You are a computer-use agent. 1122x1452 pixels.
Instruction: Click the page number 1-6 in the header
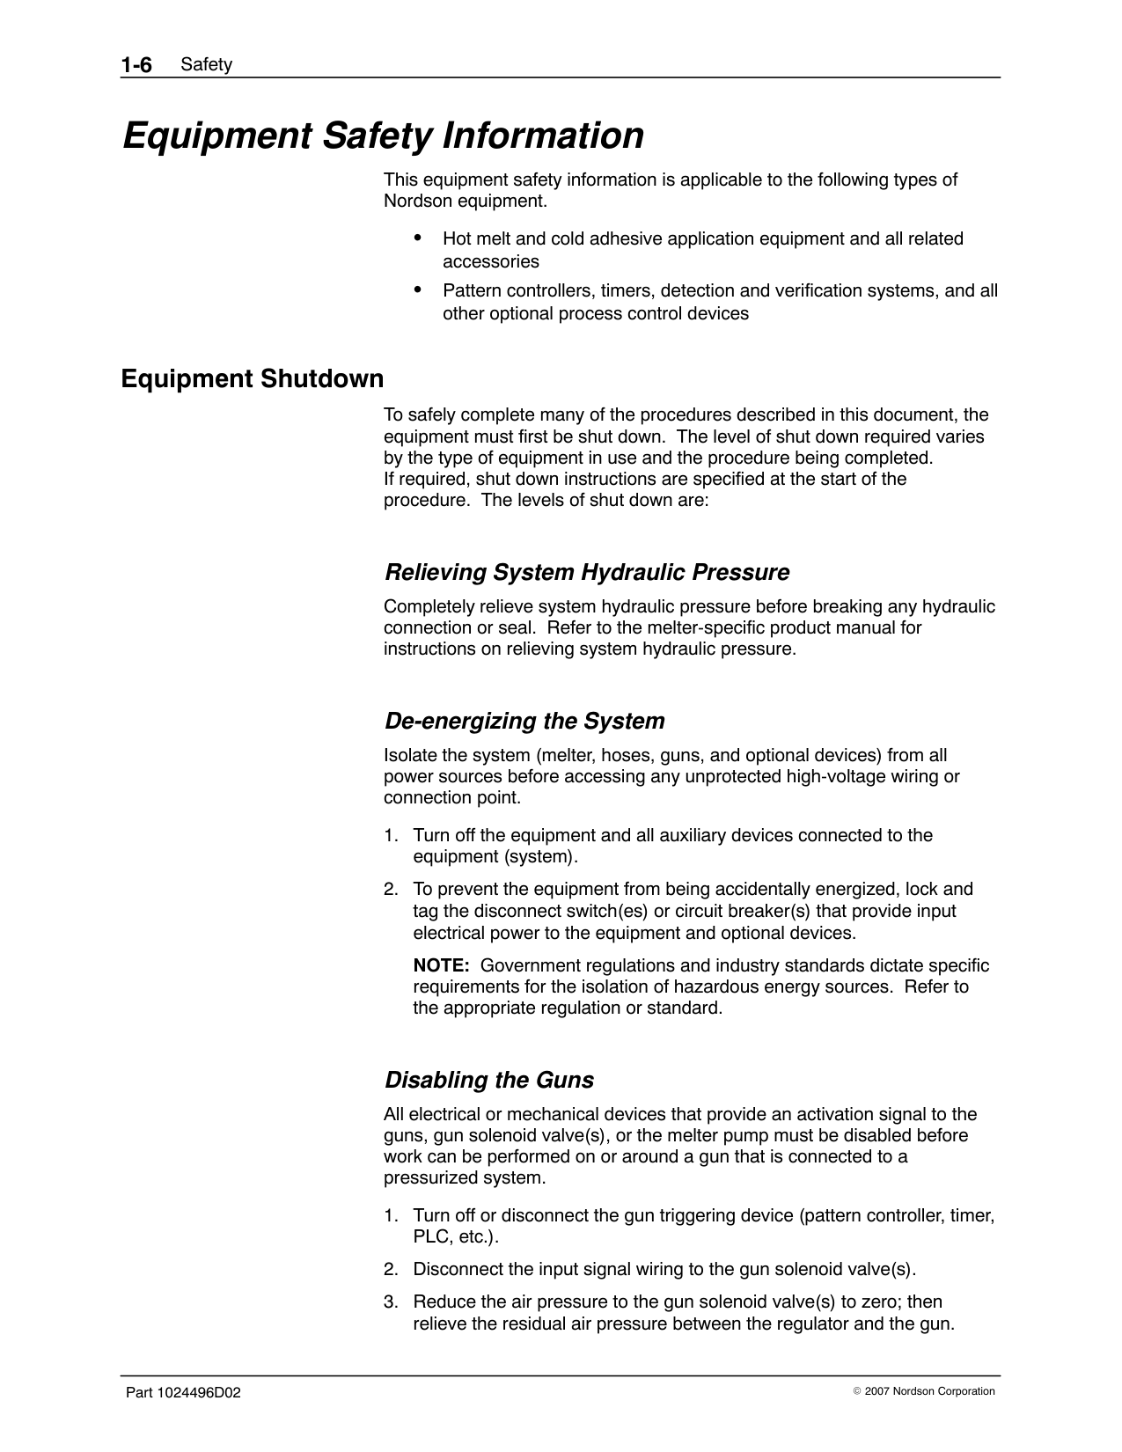coord(136,64)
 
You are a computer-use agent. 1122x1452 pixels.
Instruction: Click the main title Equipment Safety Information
coord(383,136)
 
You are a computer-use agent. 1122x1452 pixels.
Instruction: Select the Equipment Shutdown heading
coord(253,379)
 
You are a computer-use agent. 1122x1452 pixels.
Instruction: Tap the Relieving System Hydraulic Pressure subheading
coord(587,573)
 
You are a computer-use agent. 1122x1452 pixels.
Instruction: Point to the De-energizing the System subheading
coord(524,722)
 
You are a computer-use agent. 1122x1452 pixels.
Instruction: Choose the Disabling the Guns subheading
coord(489,1081)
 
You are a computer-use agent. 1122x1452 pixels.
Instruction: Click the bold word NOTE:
coord(441,965)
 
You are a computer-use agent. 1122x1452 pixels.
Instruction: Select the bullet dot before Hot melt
coord(418,238)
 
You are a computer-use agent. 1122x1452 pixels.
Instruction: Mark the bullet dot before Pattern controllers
coord(418,290)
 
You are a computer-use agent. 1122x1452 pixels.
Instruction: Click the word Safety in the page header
coord(206,65)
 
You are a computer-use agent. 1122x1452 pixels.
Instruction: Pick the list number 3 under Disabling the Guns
coord(389,1302)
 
